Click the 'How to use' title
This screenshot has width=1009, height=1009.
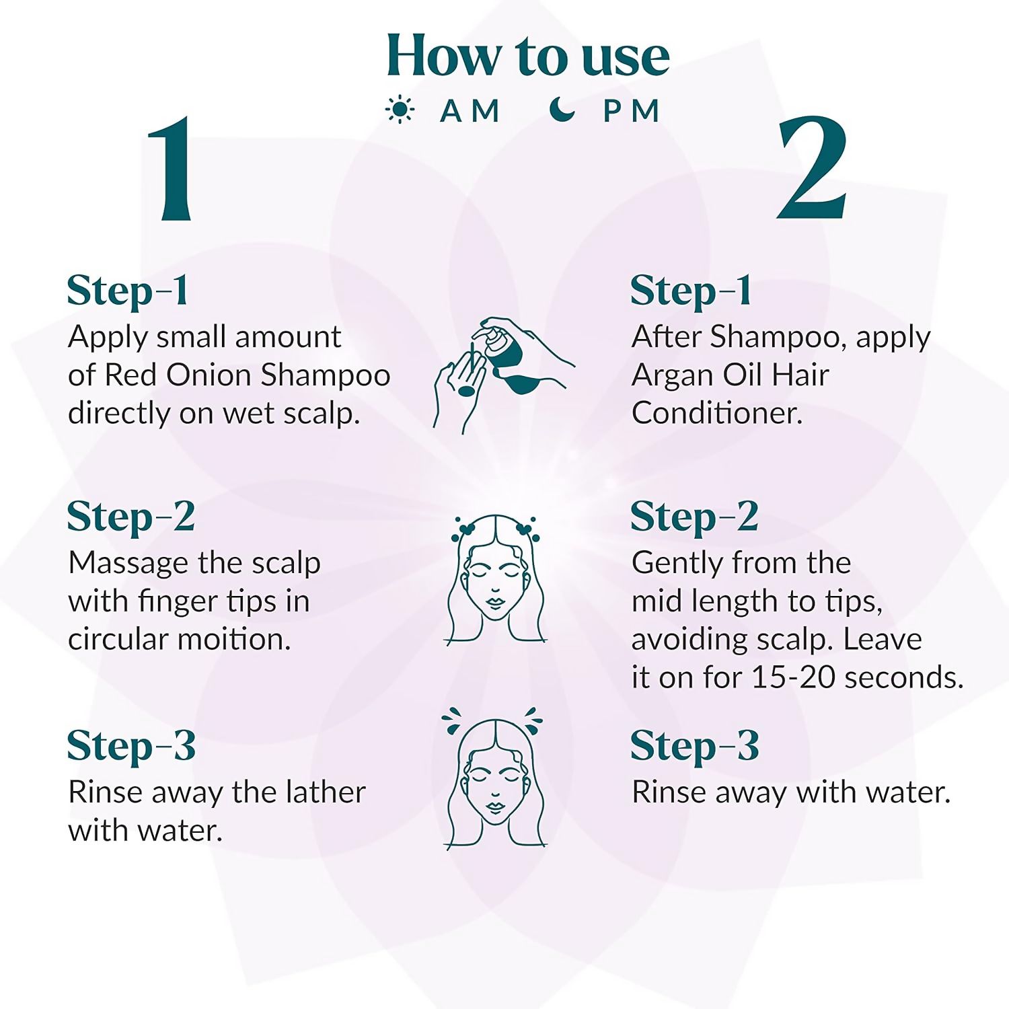click(528, 56)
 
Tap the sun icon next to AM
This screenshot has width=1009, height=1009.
click(400, 110)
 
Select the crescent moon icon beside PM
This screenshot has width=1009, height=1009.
click(562, 109)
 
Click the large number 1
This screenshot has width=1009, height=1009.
click(170, 169)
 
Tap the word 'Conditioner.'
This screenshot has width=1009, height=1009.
click(717, 413)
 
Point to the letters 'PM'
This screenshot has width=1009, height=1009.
click(631, 111)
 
